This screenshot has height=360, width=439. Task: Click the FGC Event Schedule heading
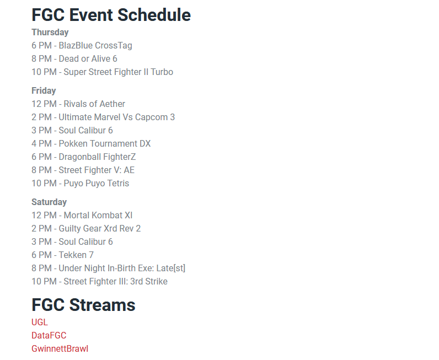click(111, 15)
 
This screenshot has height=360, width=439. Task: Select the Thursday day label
click(50, 33)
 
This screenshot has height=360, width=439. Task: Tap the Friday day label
click(44, 91)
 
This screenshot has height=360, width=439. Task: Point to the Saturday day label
click(49, 202)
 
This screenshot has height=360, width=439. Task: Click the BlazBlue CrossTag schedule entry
click(82, 46)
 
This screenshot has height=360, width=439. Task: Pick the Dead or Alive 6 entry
click(74, 59)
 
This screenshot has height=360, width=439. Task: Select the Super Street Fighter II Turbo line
click(102, 72)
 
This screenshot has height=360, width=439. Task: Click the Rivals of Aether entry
click(78, 104)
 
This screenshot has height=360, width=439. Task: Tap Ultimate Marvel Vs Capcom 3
click(103, 117)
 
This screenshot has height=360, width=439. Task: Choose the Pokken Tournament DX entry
click(91, 144)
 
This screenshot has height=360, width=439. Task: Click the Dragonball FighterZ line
click(83, 157)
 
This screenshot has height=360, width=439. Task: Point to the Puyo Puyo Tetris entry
click(80, 184)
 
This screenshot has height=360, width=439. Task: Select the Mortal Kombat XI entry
click(82, 216)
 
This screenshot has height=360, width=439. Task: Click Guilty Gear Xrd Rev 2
click(86, 229)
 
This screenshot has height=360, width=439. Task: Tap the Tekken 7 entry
click(62, 255)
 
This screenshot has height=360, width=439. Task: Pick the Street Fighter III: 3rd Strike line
click(99, 282)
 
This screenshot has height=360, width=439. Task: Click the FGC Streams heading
click(83, 305)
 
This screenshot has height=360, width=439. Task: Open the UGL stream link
click(40, 323)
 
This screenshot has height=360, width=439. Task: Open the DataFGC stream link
click(49, 336)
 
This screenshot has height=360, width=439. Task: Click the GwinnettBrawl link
click(60, 349)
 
